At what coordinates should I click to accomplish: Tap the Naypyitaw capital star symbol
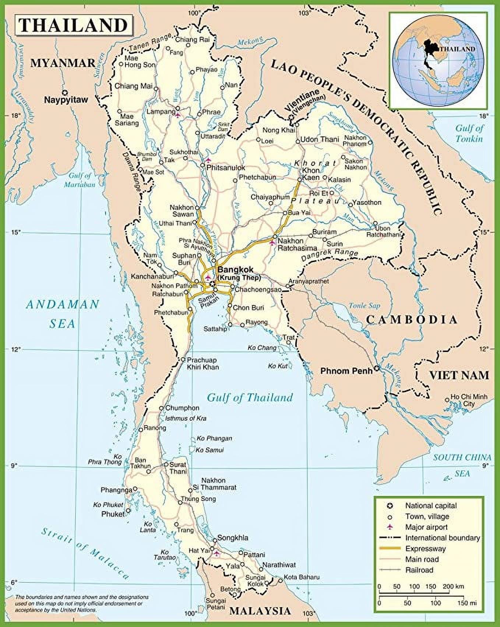tap(65, 92)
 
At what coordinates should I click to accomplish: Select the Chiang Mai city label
tap(128, 86)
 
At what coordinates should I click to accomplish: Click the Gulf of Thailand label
tap(249, 397)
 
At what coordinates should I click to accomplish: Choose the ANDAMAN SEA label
tap(63, 313)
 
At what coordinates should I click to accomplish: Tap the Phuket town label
tap(113, 514)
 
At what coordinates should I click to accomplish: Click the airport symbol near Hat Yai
tap(217, 553)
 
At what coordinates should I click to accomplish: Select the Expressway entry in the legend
tap(425, 549)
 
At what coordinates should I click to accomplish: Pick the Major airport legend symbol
tap(390, 527)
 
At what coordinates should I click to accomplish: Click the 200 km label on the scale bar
tap(453, 586)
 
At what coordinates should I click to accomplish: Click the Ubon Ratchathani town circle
tap(375, 223)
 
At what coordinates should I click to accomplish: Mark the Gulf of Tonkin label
tap(469, 133)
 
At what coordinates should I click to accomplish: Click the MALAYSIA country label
tap(260, 610)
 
